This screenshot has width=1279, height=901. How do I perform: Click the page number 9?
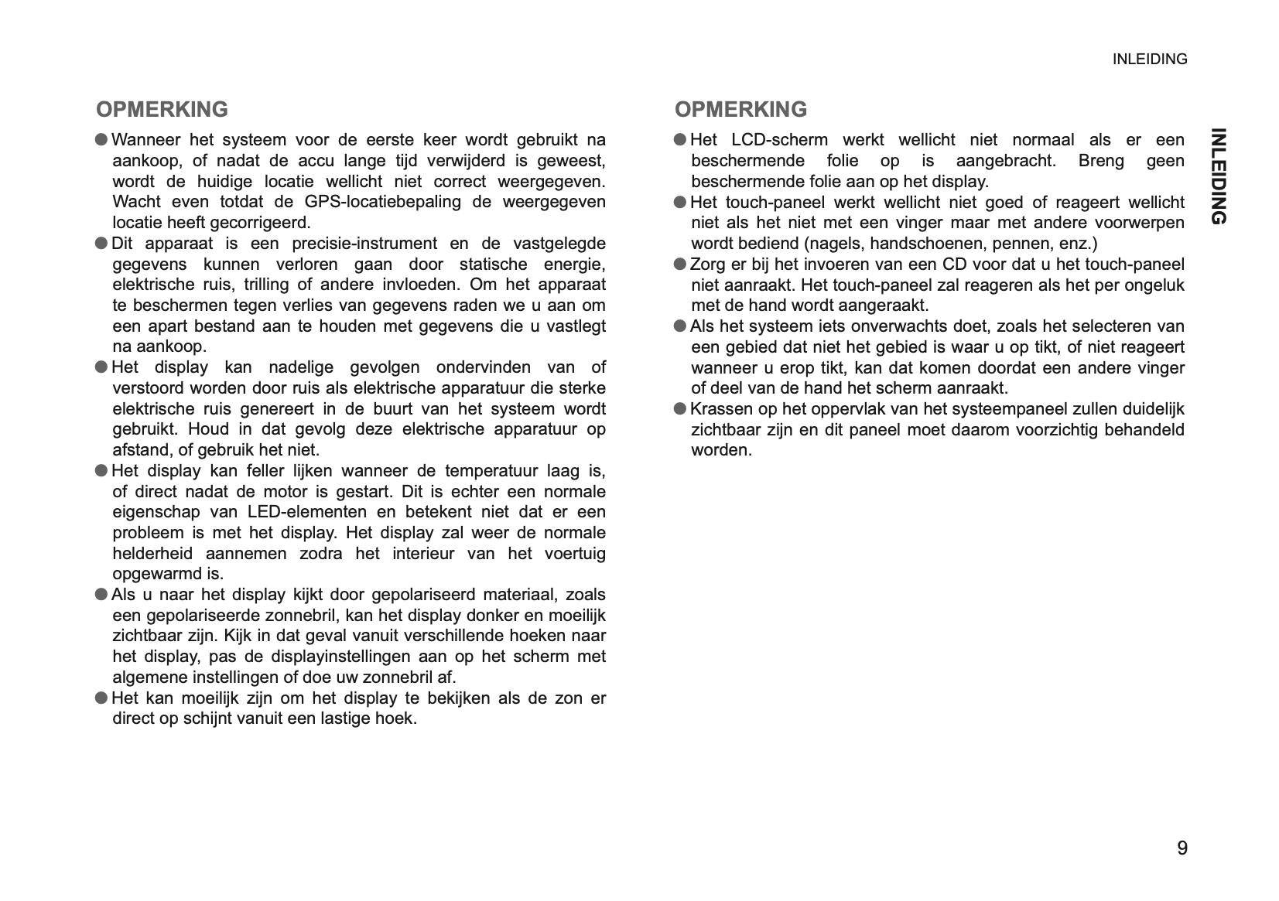1182,848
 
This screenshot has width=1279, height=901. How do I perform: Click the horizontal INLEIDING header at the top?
1149,60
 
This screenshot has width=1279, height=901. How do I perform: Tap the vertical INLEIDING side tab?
1217,176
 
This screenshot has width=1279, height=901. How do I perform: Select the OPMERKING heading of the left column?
162,109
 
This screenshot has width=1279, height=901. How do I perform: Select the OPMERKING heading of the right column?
740,109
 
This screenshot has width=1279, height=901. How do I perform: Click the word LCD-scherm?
779,140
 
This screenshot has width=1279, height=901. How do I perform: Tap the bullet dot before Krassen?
680,408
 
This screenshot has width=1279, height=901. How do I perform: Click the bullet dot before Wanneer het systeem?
101,140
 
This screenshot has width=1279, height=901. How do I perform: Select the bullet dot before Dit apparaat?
101,244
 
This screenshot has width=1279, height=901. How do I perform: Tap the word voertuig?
575,554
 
